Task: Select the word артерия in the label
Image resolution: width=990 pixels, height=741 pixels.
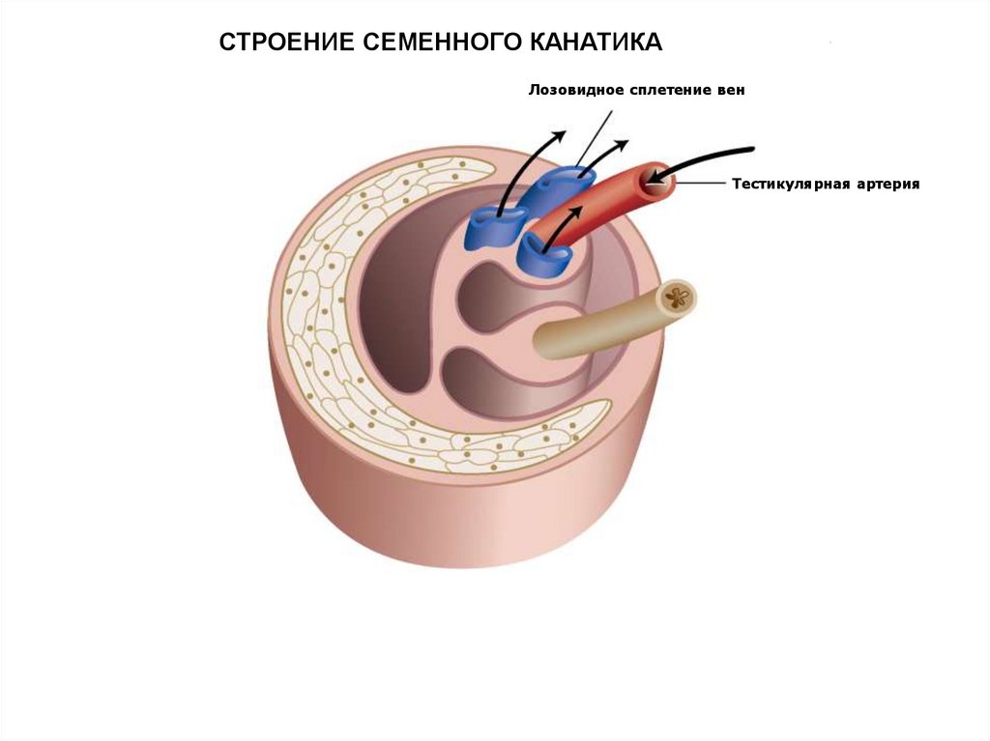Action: click(883, 183)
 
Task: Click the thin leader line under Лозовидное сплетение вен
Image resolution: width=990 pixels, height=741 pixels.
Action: click(594, 135)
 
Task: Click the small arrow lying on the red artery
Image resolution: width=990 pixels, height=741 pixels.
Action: click(574, 211)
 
